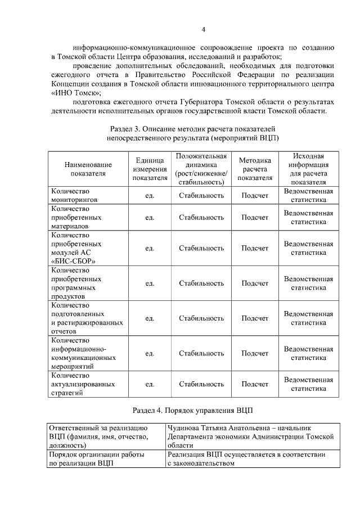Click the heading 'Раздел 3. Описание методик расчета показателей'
coord(193,129)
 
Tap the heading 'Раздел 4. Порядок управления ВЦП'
coord(192,410)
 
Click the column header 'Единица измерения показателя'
coord(150,169)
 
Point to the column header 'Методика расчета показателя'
coord(255,169)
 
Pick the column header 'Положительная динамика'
coord(201,169)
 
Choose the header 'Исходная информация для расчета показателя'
coord(308,169)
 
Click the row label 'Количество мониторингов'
coord(74,195)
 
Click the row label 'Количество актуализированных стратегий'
coord(83,384)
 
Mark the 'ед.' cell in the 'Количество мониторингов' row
coord(150,196)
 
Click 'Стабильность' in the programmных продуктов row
coord(201,283)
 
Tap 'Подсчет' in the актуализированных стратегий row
coord(255,385)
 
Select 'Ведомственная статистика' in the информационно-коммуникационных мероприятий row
coord(308,353)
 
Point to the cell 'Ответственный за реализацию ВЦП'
coord(99,436)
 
